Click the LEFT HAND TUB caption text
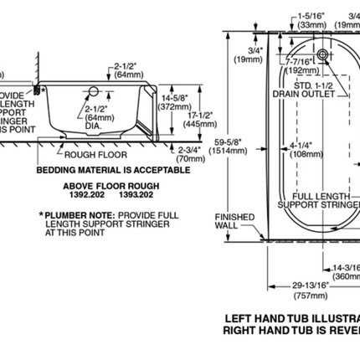[x=285, y=319]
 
